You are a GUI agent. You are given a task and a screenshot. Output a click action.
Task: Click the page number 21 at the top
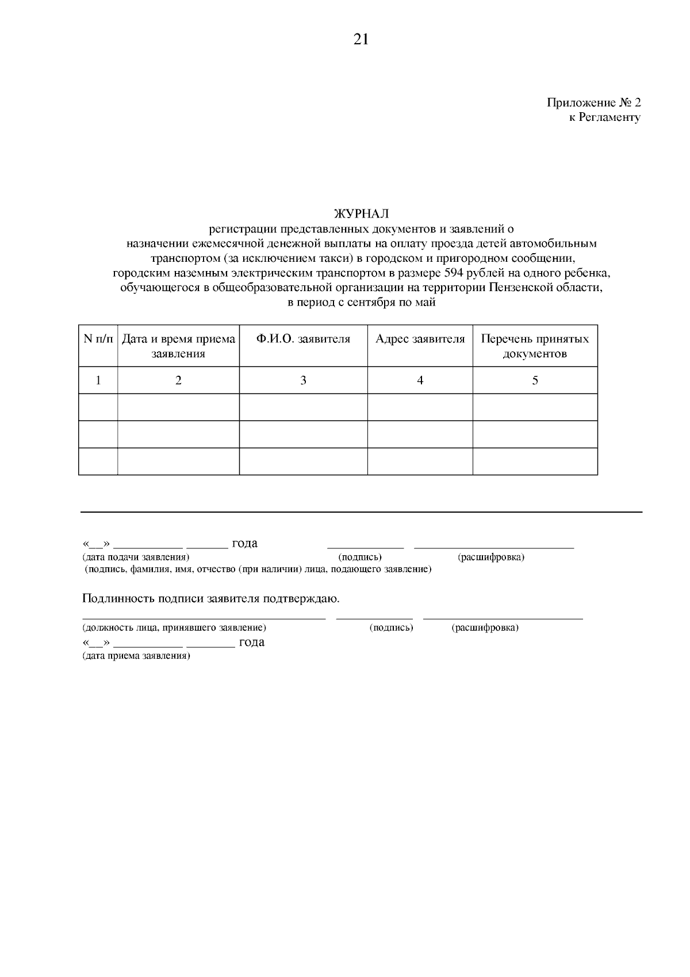(361, 39)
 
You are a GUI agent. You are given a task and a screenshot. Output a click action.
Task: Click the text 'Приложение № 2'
(593, 103)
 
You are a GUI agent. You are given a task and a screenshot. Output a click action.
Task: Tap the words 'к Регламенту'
(604, 117)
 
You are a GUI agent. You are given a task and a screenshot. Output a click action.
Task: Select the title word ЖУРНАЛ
(361, 215)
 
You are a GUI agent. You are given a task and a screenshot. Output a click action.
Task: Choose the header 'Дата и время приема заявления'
(178, 346)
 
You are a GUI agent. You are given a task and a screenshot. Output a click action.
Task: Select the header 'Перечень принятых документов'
(535, 346)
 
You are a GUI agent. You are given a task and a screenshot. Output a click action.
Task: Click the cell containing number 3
(303, 380)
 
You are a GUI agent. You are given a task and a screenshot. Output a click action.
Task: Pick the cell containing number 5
(535, 380)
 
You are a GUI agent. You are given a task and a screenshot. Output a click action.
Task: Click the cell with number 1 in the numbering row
(98, 380)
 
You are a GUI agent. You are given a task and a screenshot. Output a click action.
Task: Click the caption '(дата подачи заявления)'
(136, 557)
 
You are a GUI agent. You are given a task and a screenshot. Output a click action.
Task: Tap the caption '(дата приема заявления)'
(136, 656)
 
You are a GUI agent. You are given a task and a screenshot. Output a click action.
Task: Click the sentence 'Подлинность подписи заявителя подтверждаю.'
(211, 598)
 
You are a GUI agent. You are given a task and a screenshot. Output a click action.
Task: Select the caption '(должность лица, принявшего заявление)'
(174, 628)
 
